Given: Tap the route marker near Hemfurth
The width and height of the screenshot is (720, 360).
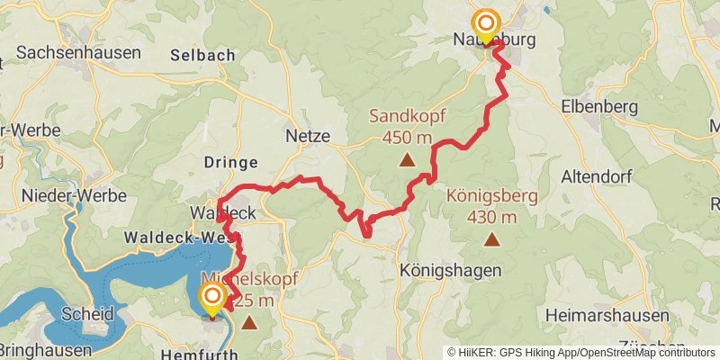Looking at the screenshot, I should pos(212,299).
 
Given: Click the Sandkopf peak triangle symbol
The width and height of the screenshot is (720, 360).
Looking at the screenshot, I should pos(407,161).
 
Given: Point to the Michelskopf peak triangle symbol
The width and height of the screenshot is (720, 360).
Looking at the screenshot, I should pos(248,320).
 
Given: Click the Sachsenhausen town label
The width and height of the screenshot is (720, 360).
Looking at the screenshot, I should pos(78,53).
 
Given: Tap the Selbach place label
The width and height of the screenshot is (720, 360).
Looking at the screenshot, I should pos(203,55).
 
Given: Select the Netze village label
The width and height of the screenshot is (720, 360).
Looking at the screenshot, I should pos(309,137).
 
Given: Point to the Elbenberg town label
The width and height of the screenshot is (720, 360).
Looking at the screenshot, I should pos(601,107).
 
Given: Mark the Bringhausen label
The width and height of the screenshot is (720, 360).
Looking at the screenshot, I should pos(46,350).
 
